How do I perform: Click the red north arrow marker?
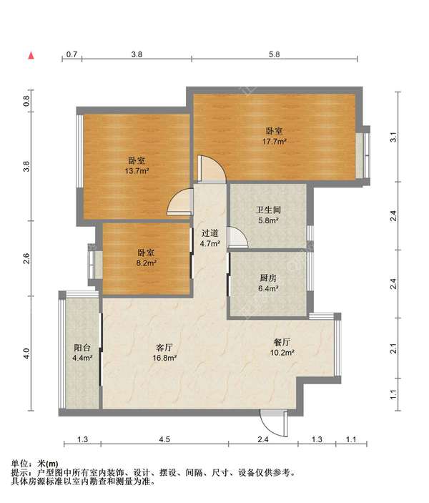pos(31,56)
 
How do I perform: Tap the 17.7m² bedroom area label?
pos(274,141)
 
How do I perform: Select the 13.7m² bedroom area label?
pos(137,171)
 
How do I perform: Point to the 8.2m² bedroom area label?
pos(146,263)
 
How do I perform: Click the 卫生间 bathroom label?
pos(268,210)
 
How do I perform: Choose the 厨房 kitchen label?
pos(268,278)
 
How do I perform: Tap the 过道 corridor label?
pos(210,233)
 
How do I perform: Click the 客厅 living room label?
pos(164,348)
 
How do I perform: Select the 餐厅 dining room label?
pos(282,342)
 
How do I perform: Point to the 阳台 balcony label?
pos(82,348)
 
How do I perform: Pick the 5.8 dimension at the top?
pos(275,54)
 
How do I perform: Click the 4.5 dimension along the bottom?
pos(164,439)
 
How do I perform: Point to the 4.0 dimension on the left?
pos(27,353)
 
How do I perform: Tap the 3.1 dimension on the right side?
pos(394,137)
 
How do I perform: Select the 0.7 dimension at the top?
pos(71,54)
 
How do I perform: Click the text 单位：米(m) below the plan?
pos(34,464)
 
